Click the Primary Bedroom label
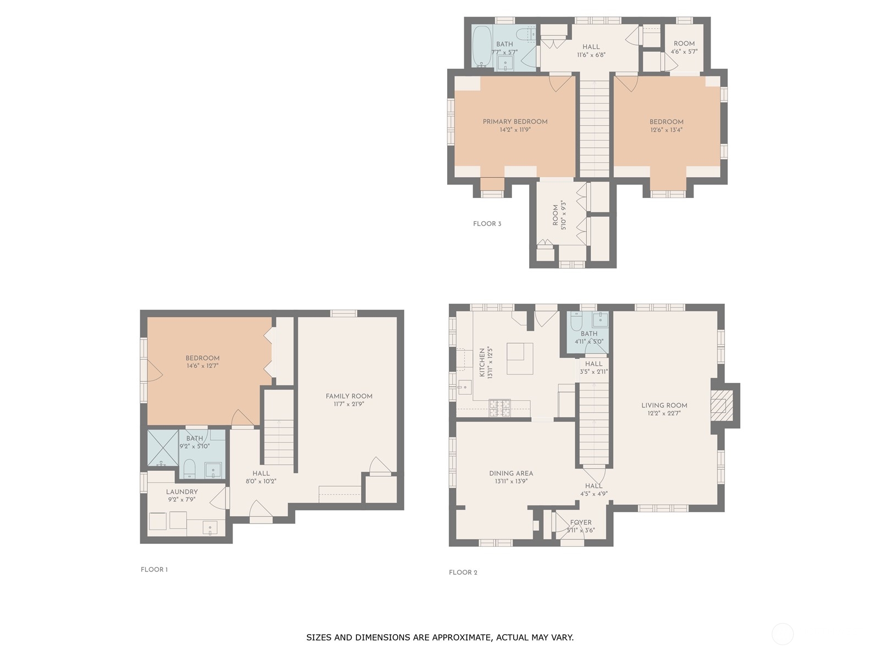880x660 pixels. [x=515, y=122]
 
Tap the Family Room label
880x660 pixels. [x=349, y=397]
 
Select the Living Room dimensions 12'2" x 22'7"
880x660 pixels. [x=664, y=413]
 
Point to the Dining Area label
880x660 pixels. [x=511, y=474]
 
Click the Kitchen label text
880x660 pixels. [x=482, y=362]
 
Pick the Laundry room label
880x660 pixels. [x=182, y=492]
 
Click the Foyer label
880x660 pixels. [x=580, y=522]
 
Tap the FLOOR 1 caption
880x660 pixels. [x=155, y=569]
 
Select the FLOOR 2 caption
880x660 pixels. [x=463, y=572]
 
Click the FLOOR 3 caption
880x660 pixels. [x=487, y=224]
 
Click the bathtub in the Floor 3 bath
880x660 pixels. [x=481, y=47]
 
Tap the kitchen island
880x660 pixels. [x=520, y=359]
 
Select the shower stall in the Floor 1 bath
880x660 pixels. [x=163, y=448]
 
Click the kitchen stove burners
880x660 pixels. [x=499, y=408]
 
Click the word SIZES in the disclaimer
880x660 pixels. [x=318, y=637]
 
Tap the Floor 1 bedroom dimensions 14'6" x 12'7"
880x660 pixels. [x=202, y=366]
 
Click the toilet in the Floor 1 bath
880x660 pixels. [x=189, y=469]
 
